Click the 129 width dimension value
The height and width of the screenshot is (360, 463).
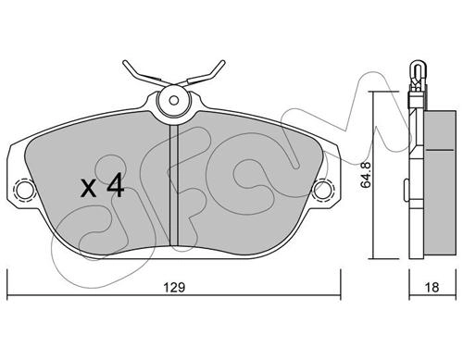(x=174, y=288)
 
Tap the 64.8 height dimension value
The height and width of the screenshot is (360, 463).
(x=366, y=175)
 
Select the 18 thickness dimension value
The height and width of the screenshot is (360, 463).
(x=432, y=288)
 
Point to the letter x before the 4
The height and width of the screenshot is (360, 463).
(x=89, y=188)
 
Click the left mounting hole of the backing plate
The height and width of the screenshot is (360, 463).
(x=24, y=189)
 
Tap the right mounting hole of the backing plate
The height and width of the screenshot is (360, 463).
(x=323, y=189)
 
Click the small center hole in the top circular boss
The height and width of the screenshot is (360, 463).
(x=174, y=100)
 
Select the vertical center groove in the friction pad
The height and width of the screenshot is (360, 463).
(x=174, y=185)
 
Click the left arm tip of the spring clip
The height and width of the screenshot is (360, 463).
(x=125, y=63)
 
